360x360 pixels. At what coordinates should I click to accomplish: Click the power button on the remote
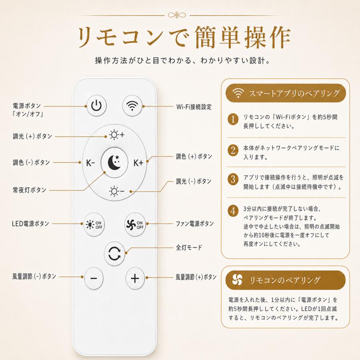click(96, 106)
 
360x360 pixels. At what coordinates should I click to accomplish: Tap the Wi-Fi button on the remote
click(132, 106)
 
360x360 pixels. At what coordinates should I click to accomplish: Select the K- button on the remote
click(90, 163)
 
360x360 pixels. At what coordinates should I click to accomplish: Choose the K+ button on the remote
click(138, 163)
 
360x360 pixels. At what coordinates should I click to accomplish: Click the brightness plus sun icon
click(117, 135)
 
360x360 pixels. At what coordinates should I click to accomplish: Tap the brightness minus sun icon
click(117, 191)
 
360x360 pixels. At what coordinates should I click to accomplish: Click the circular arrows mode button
click(114, 254)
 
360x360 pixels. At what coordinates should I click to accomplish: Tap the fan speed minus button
click(94, 278)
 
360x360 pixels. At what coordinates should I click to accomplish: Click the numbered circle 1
click(233, 119)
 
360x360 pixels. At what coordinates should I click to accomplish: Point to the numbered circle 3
click(233, 179)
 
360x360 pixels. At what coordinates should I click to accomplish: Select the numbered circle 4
click(233, 211)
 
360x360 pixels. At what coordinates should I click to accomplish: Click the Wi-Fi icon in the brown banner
click(238, 93)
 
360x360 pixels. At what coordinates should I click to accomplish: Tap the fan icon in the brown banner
click(237, 280)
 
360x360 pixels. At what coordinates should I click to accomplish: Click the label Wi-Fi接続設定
click(194, 107)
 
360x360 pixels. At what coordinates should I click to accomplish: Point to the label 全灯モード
click(189, 248)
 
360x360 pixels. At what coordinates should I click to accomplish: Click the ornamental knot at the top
click(177, 15)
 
